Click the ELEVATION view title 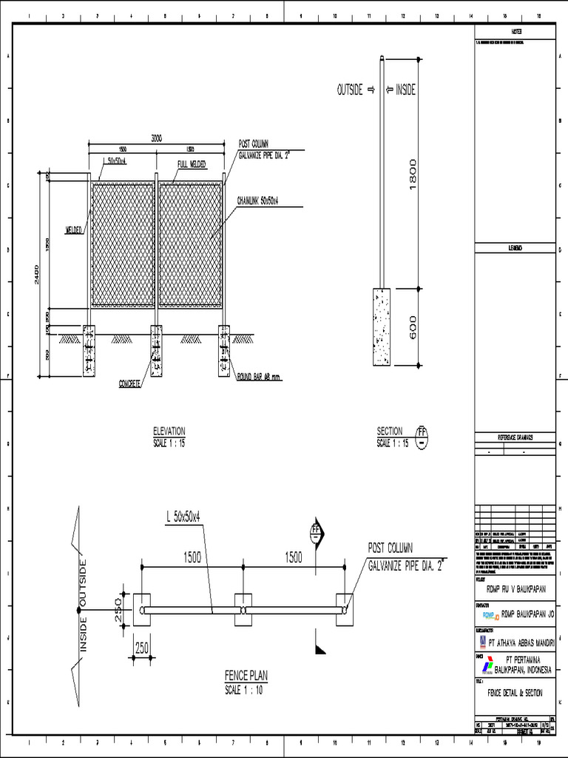169,431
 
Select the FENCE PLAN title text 246,676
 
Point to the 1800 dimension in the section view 412,173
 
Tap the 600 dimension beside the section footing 412,327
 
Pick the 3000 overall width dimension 157,138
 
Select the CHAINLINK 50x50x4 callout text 262,201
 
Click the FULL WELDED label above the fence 192,164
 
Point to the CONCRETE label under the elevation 130,383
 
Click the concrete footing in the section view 382,326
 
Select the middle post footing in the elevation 156,350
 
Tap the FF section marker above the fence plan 316,531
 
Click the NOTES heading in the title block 515,32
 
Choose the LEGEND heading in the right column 515,248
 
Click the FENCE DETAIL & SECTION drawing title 515,693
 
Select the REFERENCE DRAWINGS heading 515,437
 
